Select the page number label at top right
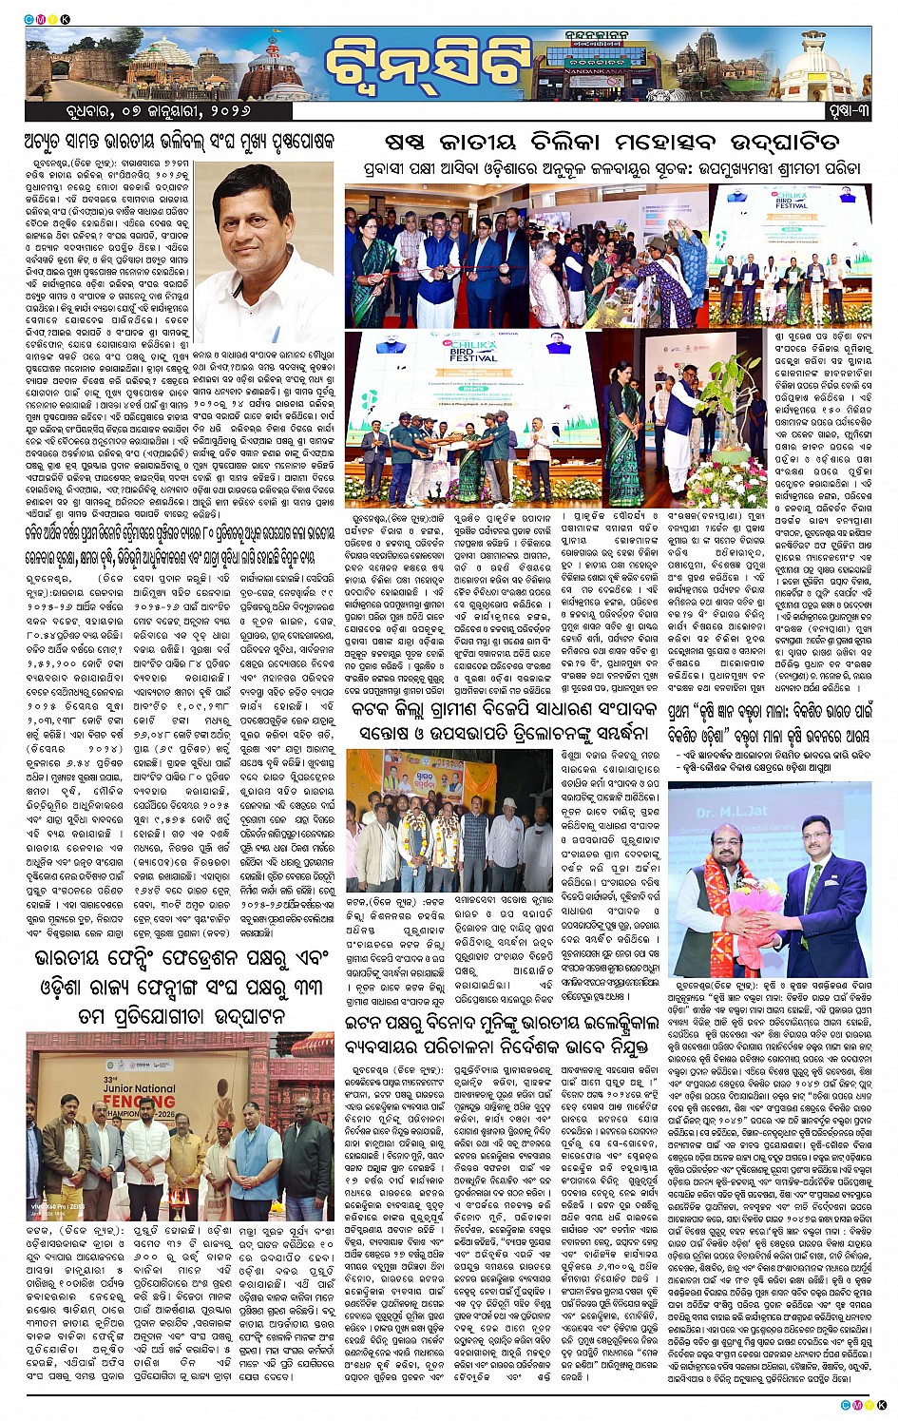tap(846, 111)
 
